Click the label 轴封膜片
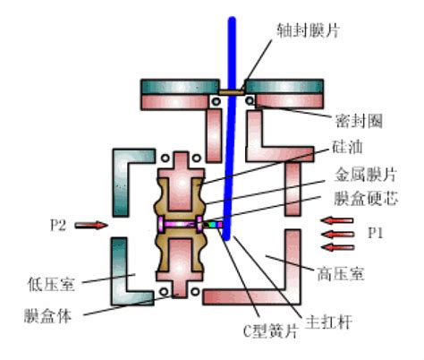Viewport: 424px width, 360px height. click(308, 30)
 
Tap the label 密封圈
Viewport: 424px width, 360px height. click(359, 121)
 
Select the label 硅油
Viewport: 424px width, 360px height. click(347, 147)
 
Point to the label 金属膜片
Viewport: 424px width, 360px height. click(366, 174)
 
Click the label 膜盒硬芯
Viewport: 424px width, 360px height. click(366, 198)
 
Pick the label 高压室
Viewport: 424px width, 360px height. click(341, 274)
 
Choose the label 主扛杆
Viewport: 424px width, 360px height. click(328, 322)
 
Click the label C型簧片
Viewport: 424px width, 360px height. click(271, 330)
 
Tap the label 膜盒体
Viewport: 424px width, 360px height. click(47, 315)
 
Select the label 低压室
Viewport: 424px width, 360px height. click(51, 284)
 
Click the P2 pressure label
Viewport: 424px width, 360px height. click(58, 225)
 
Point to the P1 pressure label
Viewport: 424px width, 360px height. click(376, 233)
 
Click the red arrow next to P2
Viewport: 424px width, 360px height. click(91, 225)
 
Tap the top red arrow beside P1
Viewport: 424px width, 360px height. click(337, 221)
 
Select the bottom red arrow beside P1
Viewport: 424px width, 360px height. click(338, 247)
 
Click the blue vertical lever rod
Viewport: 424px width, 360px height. click(230, 128)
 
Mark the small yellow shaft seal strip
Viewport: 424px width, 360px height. click(232, 92)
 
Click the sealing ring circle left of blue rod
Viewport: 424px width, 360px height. click(216, 101)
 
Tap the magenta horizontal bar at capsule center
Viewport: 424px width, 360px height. click(180, 224)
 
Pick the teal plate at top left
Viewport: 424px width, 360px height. click(180, 87)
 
